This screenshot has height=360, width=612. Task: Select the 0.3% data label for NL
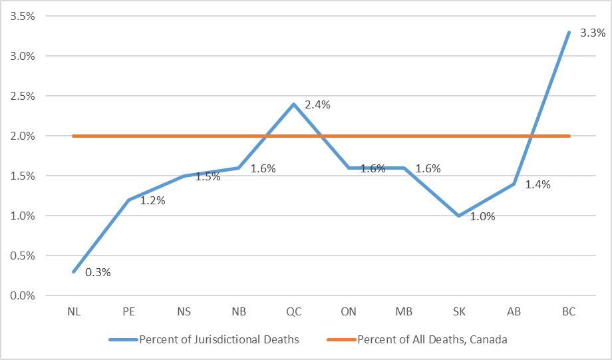[98, 272]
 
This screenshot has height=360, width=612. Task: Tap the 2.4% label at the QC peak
[317, 104]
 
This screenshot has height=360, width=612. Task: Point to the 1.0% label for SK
[482, 216]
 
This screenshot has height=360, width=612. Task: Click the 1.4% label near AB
[537, 184]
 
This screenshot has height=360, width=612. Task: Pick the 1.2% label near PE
[153, 200]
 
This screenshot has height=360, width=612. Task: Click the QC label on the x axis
[293, 311]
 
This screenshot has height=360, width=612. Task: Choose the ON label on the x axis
[349, 311]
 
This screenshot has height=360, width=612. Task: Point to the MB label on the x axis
[404, 311]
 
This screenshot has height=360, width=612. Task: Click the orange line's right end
[569, 136]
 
